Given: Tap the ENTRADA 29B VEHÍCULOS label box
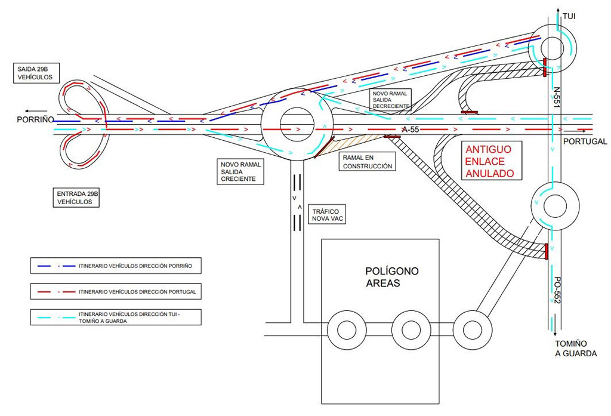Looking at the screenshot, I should click(75, 198).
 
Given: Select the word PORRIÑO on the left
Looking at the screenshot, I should click(35, 120).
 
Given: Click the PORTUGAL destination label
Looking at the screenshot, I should click(584, 141).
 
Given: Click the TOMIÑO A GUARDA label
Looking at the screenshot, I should click(575, 349).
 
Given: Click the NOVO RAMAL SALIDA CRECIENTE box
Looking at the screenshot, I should click(238, 171).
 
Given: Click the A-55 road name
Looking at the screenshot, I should click(410, 130).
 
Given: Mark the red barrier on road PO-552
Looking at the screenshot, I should click(545, 251).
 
